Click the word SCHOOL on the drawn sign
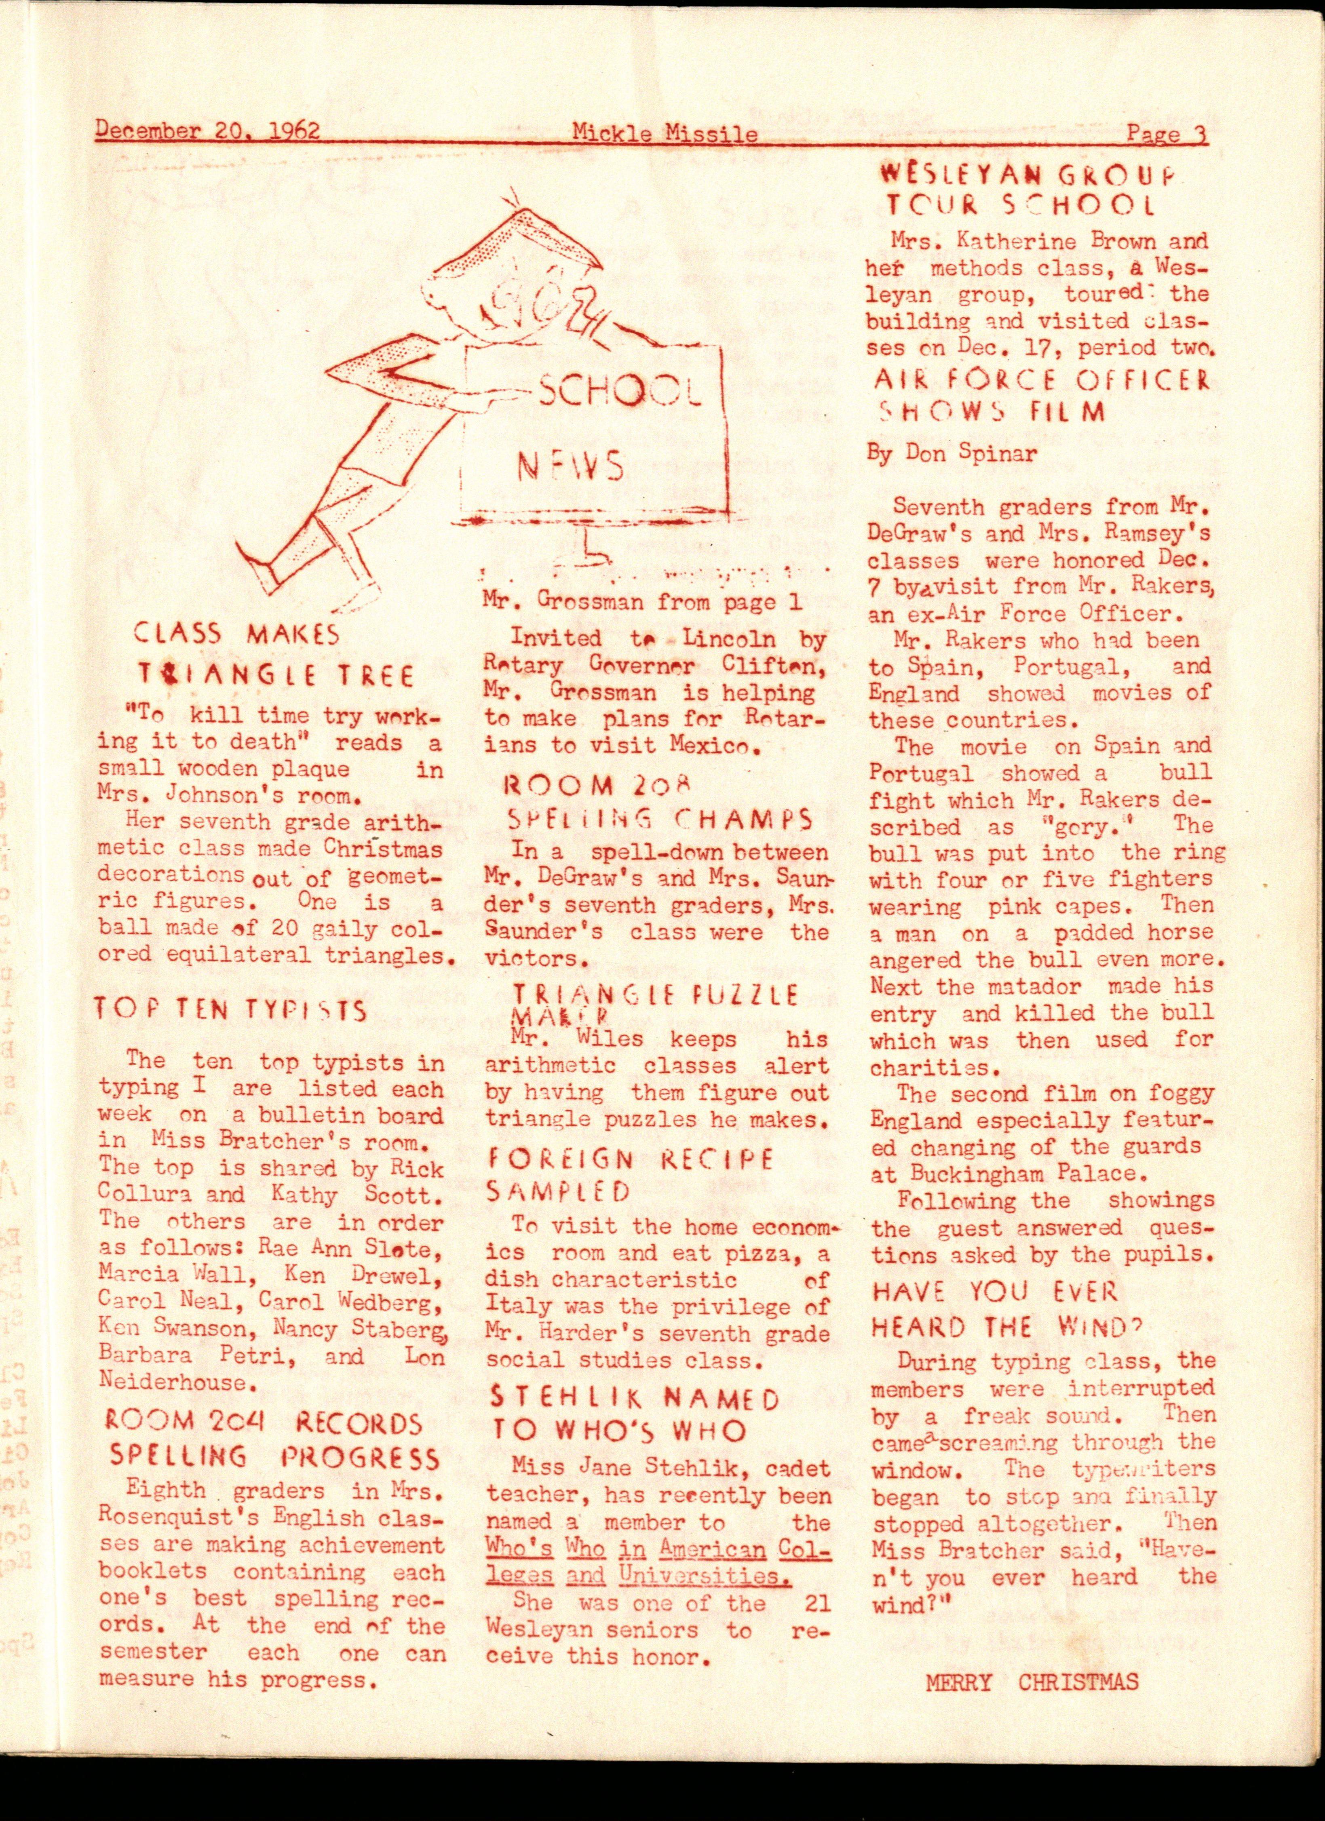click(x=618, y=393)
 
